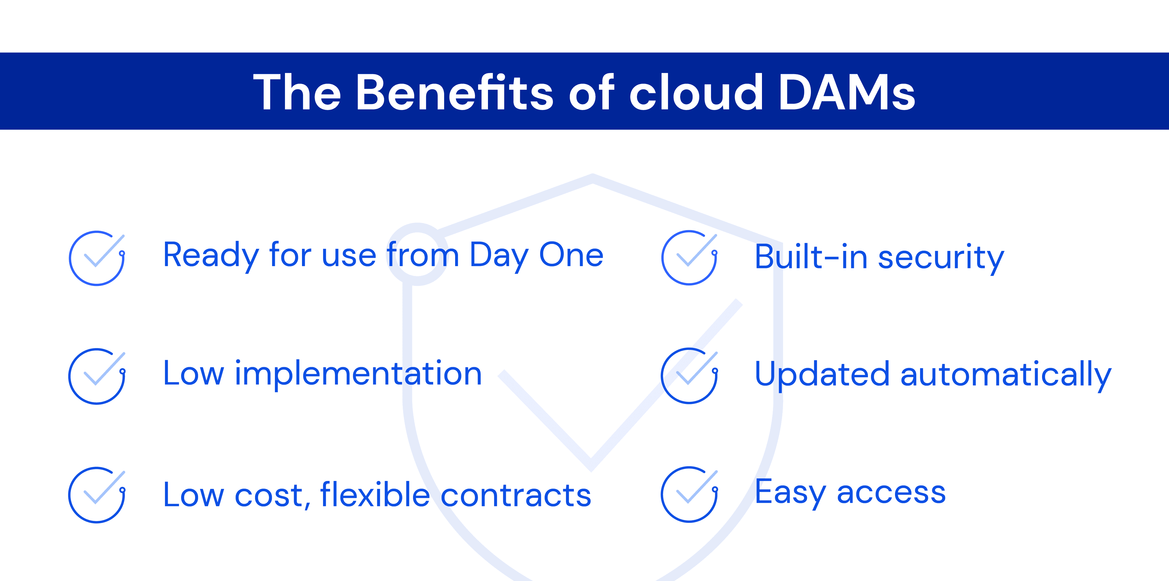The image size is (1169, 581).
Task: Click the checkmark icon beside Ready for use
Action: (x=97, y=258)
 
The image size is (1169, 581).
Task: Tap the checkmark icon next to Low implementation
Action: (x=97, y=376)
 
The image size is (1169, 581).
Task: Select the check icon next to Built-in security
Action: (x=689, y=258)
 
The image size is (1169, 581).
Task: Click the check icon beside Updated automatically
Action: (x=689, y=376)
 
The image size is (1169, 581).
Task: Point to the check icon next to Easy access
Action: (x=689, y=494)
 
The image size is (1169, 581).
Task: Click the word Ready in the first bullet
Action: (x=211, y=255)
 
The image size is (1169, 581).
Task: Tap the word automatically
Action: (x=1006, y=375)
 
